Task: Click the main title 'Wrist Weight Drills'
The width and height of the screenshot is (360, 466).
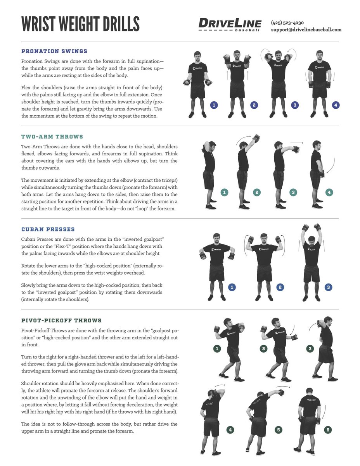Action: coord(80,24)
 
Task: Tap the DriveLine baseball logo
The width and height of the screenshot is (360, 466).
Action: coord(230,25)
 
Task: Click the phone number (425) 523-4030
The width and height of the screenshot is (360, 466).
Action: coord(287,23)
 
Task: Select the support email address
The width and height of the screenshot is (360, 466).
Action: coord(306,30)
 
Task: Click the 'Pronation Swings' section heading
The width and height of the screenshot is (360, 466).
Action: coord(54,51)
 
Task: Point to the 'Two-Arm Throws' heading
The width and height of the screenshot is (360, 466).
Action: coord(52,137)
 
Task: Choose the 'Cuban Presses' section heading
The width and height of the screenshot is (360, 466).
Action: coord(48,230)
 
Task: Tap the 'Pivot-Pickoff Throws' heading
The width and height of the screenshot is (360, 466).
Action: coord(61,321)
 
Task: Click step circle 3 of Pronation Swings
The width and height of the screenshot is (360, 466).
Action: coord(295,105)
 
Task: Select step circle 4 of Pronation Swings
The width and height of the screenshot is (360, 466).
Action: coord(336,105)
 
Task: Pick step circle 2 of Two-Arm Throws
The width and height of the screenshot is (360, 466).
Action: coord(256,192)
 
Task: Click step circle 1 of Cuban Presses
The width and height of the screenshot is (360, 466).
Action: coord(232,287)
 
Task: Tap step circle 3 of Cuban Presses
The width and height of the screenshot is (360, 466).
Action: coord(329,287)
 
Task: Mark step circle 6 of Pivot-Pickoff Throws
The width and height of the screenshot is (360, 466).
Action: coord(328,430)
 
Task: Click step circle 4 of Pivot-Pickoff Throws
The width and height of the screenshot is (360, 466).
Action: coord(230,430)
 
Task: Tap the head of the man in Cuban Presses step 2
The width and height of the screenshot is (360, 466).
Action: coord(264,237)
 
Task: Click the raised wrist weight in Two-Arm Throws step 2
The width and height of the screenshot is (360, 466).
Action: coord(256,138)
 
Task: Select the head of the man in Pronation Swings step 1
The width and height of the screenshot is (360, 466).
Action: coord(197,56)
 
